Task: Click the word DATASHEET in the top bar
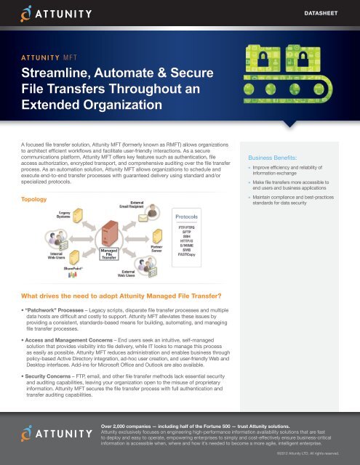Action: point(327,13)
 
